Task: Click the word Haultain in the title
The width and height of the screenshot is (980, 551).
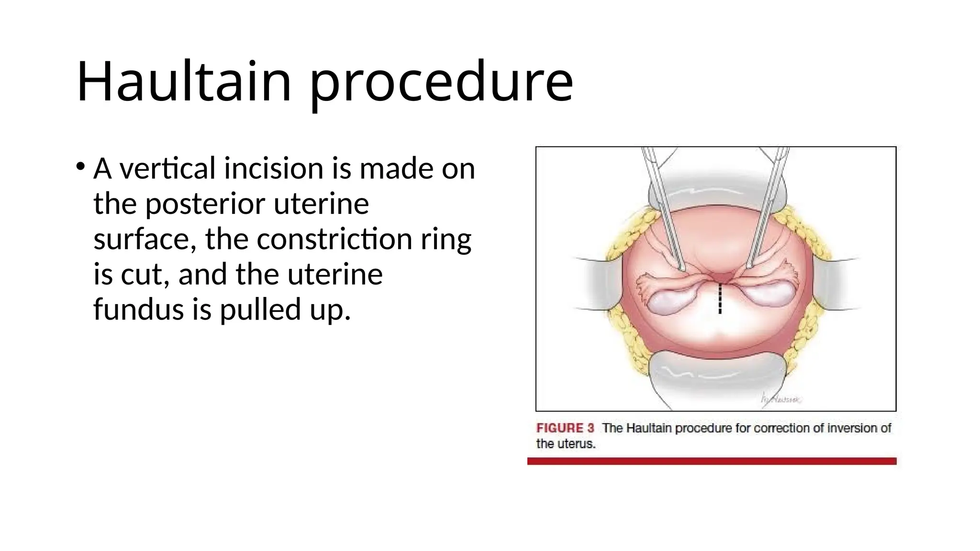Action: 184,81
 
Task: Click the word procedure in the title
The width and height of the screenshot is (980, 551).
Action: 441,82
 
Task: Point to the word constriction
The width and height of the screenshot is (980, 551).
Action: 334,239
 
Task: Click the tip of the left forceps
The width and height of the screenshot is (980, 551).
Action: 682,268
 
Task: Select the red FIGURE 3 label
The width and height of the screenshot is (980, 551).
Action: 565,428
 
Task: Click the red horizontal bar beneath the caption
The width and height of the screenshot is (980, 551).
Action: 712,461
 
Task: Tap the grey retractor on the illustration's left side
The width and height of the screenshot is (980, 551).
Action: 598,285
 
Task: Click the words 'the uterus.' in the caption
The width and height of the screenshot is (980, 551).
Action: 566,444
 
